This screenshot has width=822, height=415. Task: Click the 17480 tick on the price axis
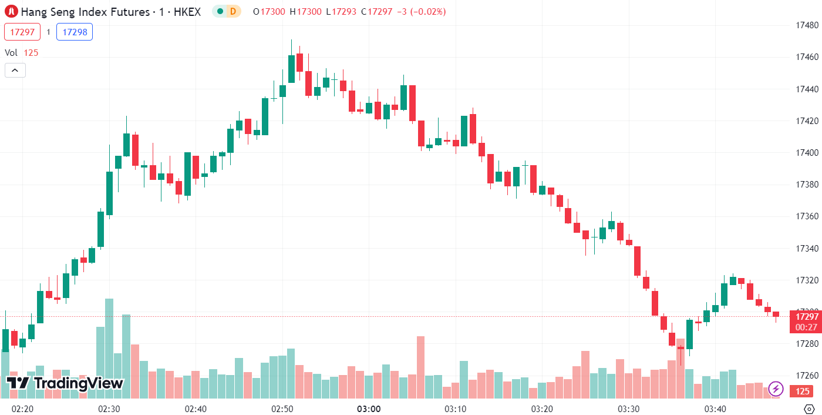tap(807, 25)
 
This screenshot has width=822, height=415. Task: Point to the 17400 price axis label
tap(807, 153)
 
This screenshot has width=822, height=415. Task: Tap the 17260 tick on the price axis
tap(807, 375)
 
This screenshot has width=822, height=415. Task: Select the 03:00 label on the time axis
tap(369, 409)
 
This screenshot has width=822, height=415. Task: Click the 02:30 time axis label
tap(109, 409)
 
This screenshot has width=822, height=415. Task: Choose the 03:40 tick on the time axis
tap(715, 409)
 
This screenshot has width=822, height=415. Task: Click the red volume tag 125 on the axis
tap(803, 391)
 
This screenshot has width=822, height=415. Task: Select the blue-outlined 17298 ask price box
tap(75, 32)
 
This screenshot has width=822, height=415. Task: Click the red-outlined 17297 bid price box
tap(22, 32)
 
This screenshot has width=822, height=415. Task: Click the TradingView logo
tap(65, 383)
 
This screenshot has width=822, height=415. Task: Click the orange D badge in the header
tap(233, 11)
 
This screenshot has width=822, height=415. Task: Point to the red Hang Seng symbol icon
tap(11, 11)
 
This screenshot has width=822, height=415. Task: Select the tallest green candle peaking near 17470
tap(291, 69)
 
